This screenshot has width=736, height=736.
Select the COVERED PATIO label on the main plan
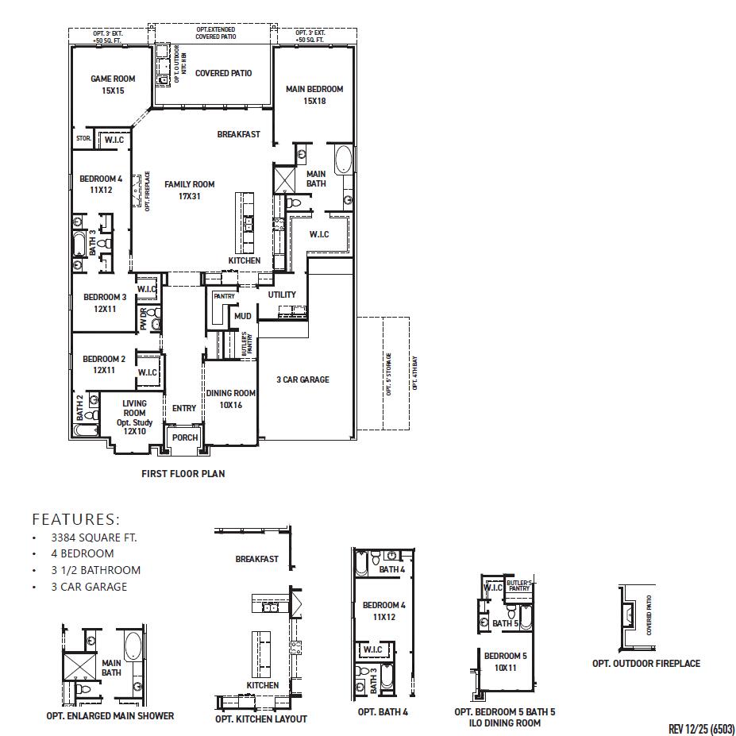pyautogui.click(x=223, y=73)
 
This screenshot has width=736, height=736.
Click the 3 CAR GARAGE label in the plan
pyautogui.click(x=302, y=380)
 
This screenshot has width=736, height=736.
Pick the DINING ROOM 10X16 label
pyautogui.click(x=231, y=399)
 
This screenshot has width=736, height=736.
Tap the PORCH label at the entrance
pyautogui.click(x=185, y=437)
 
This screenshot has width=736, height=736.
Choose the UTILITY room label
pyautogui.click(x=282, y=295)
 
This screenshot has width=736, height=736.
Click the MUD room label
pyautogui.click(x=242, y=316)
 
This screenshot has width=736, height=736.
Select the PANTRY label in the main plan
pyautogui.click(x=224, y=296)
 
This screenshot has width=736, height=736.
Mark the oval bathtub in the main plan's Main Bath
pyautogui.click(x=344, y=160)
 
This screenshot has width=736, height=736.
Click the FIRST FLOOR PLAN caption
pyautogui.click(x=183, y=474)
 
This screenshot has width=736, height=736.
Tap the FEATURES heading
pyautogui.click(x=75, y=520)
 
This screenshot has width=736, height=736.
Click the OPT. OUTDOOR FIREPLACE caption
pyautogui.click(x=645, y=663)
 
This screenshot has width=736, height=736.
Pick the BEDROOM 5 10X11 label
pyautogui.click(x=505, y=661)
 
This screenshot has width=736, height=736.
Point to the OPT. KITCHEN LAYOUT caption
pyautogui.click(x=260, y=719)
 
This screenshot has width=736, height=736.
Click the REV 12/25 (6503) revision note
pyautogui.click(x=702, y=729)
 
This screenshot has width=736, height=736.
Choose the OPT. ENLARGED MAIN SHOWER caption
pyautogui.click(x=110, y=715)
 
